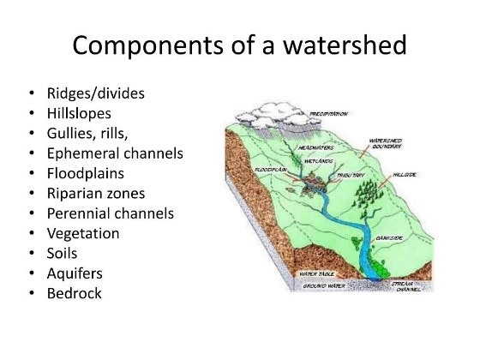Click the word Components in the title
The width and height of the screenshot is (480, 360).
[145, 45]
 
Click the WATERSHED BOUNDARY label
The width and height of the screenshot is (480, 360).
[387, 143]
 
